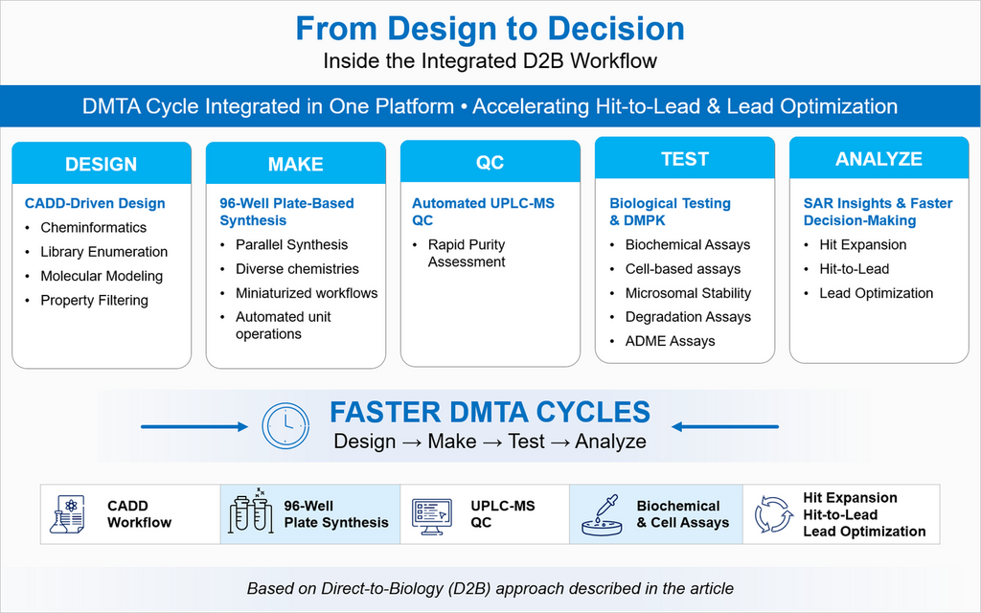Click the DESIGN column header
pyautogui.click(x=101, y=165)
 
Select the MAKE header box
pyautogui.click(x=295, y=165)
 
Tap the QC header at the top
pyautogui.click(x=490, y=163)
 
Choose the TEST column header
pyautogui.click(x=684, y=159)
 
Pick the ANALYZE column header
pyautogui.click(x=878, y=159)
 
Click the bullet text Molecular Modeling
pyautogui.click(x=102, y=276)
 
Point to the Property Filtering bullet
pyautogui.click(x=94, y=300)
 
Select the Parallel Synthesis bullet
pyautogui.click(x=291, y=244)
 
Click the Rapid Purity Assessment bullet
pyautogui.click(x=467, y=253)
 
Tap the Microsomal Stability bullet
pyautogui.click(x=688, y=293)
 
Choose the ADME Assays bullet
pyautogui.click(x=670, y=341)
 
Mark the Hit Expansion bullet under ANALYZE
pyautogui.click(x=862, y=244)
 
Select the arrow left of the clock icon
pyautogui.click(x=195, y=426)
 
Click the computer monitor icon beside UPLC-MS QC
pyautogui.click(x=432, y=514)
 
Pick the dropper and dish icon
pyautogui.click(x=603, y=514)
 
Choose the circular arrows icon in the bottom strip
pyautogui.click(x=773, y=514)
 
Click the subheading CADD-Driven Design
pyautogui.click(x=95, y=203)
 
